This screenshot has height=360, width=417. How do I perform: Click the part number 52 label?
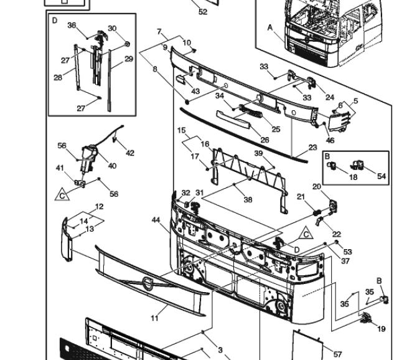203,12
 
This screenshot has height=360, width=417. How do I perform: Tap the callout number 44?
156,220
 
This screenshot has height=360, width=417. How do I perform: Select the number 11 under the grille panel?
155,318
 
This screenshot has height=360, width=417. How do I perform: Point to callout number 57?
337,354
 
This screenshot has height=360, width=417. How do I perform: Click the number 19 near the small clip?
382,329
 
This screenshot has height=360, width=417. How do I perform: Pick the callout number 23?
313,148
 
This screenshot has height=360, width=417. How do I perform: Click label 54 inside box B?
382,176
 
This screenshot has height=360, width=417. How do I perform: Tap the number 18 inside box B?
353,177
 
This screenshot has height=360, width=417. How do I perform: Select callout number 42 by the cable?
130,153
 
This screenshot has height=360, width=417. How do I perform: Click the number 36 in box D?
72,26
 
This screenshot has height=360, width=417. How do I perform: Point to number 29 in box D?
129,59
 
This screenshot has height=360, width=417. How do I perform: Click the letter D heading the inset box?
55,21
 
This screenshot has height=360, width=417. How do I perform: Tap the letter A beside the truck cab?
270,27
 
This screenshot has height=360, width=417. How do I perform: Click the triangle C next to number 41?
62,195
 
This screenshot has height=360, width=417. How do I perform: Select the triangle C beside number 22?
306,234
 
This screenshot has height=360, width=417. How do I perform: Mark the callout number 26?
265,140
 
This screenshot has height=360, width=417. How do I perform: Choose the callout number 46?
330,140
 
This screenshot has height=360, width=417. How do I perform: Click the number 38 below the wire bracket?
248,199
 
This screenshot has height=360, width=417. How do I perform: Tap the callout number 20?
316,187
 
